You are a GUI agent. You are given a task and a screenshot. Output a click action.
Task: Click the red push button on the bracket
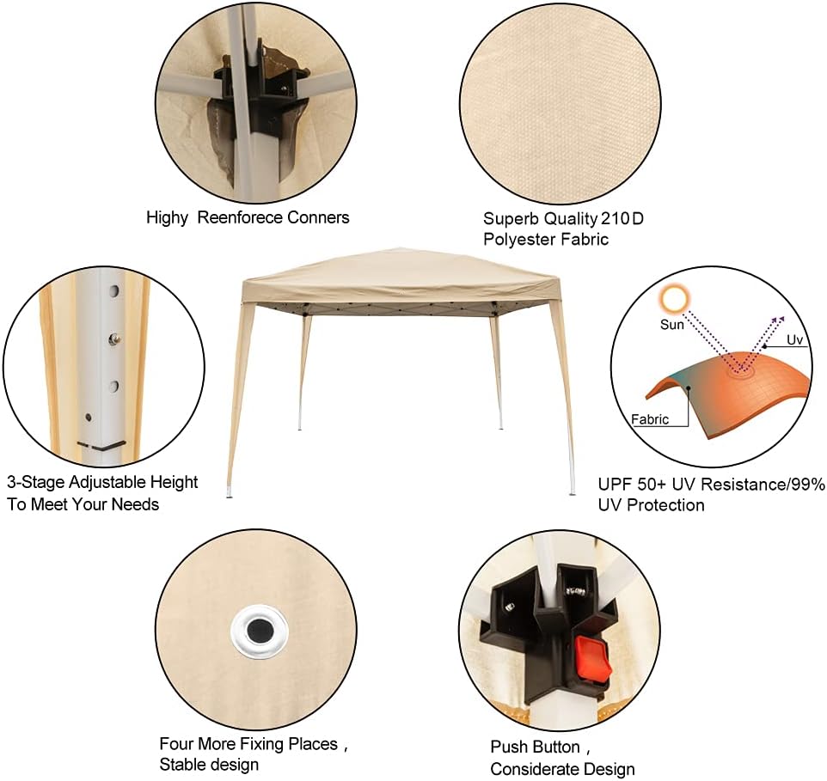click(x=593, y=657)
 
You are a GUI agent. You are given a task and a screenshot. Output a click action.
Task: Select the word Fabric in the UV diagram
click(x=650, y=419)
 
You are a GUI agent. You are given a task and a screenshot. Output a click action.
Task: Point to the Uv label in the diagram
click(x=794, y=340)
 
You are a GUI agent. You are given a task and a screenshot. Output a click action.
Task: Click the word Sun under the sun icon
click(x=672, y=325)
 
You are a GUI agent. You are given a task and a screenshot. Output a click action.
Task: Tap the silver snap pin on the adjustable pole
click(x=113, y=339)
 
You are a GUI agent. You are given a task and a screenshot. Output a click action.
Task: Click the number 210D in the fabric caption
click(x=622, y=218)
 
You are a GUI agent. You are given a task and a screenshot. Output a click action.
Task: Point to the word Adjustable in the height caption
click(x=107, y=482)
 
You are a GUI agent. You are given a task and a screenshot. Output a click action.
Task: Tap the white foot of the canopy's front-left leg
click(x=229, y=491)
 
